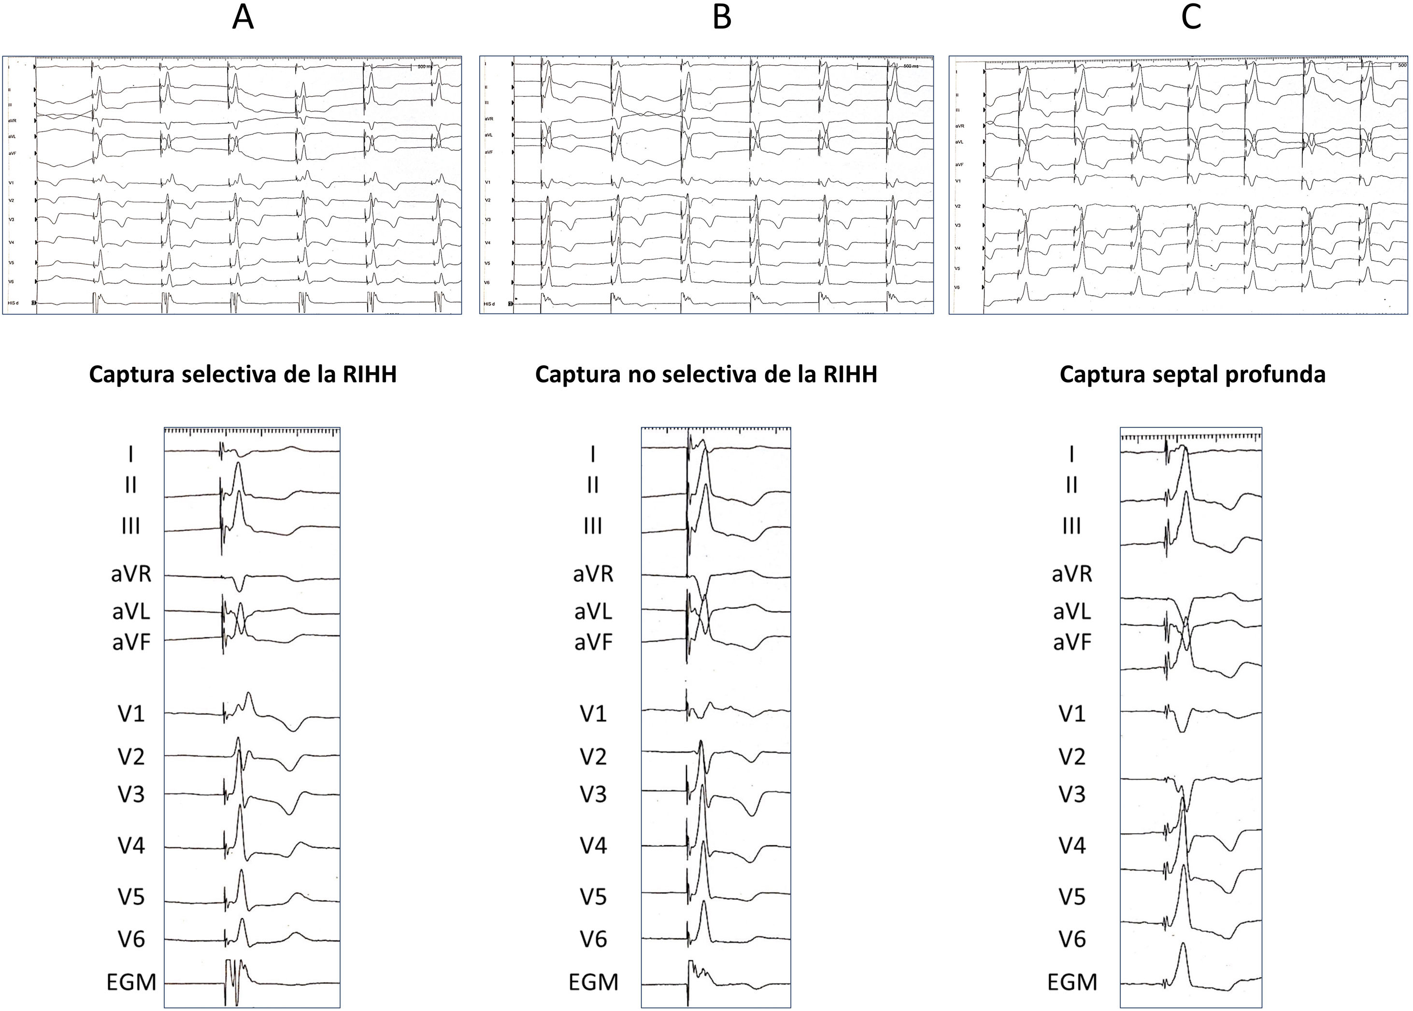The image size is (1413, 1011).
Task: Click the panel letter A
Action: [243, 18]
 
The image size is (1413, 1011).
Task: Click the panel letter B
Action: [721, 18]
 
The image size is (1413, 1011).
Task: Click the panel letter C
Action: [1191, 18]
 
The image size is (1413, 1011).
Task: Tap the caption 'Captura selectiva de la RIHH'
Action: [243, 375]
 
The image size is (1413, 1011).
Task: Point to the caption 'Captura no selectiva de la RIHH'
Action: [706, 375]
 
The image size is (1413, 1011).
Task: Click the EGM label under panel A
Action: [131, 982]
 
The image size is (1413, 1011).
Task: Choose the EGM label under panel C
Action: [1072, 982]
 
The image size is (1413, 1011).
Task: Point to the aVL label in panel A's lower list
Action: [131, 612]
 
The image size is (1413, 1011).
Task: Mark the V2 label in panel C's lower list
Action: [1072, 757]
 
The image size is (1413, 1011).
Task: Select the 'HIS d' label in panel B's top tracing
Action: [488, 304]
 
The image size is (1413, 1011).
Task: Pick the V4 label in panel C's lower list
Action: [1072, 845]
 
